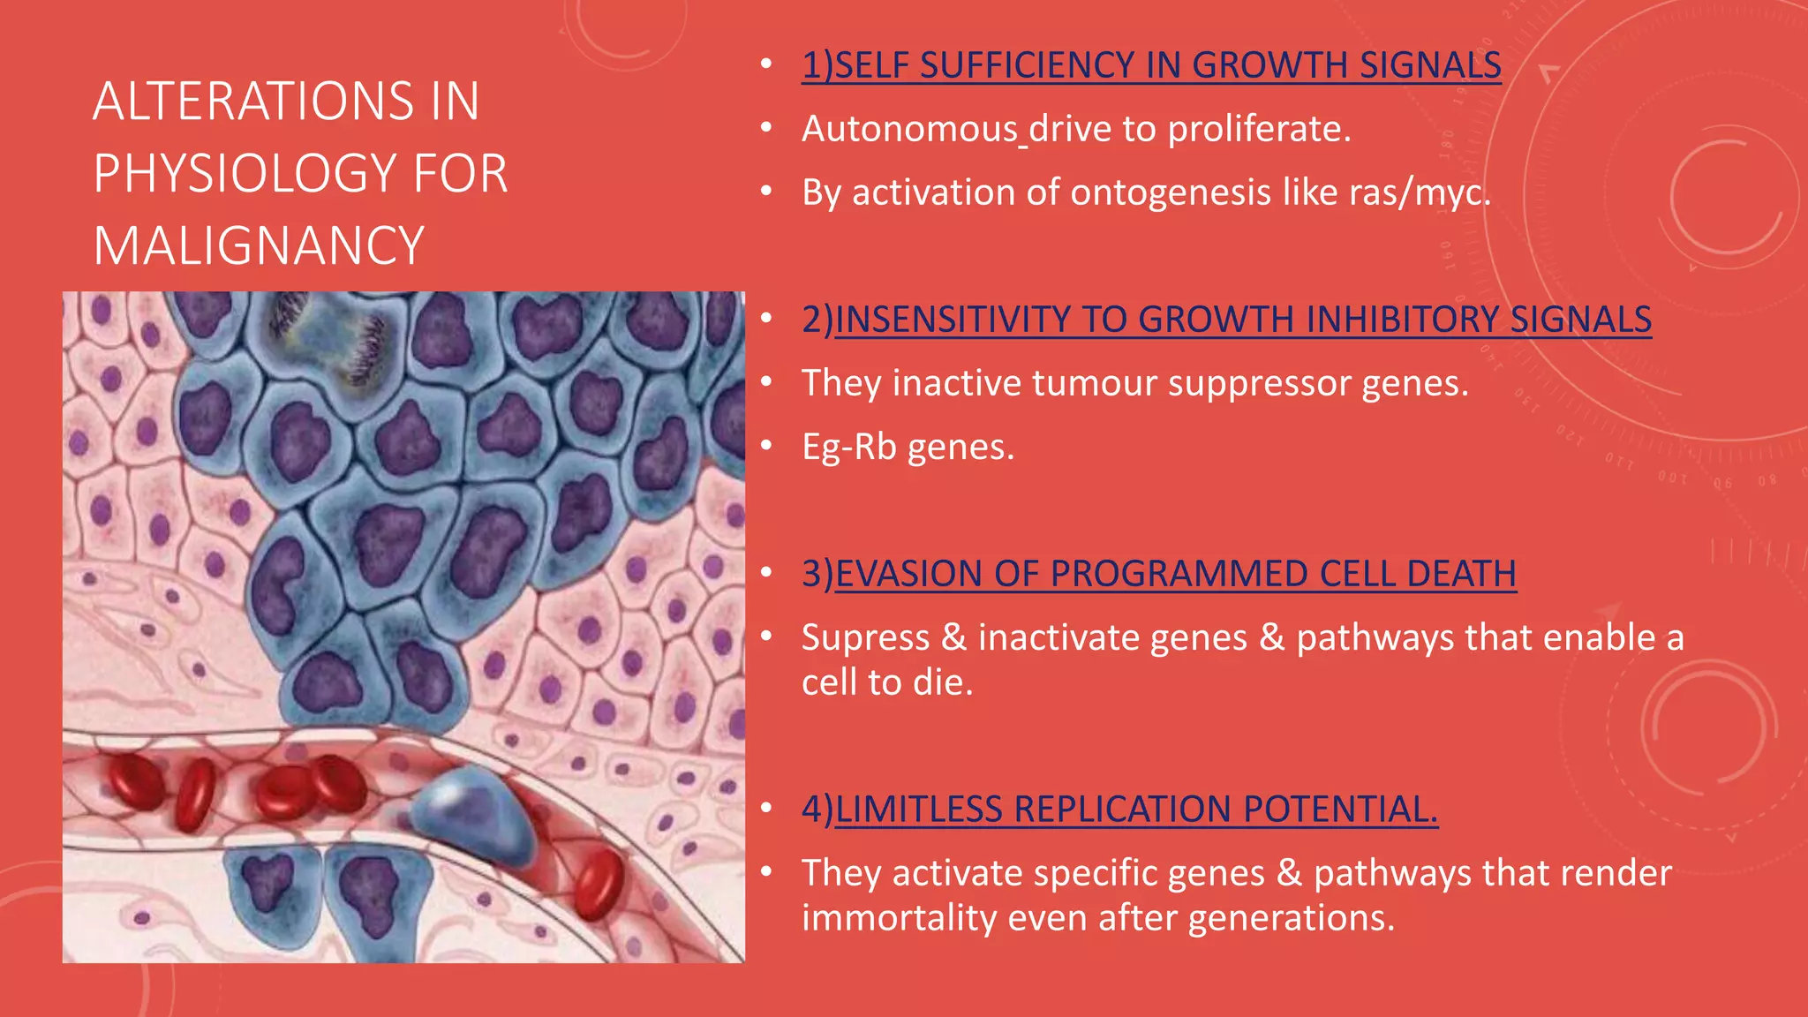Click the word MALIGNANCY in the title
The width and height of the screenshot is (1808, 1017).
point(259,245)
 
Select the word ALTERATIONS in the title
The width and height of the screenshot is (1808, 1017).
point(252,101)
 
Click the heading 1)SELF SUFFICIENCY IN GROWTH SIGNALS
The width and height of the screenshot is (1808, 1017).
point(1150,65)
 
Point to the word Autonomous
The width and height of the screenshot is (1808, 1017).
point(909,129)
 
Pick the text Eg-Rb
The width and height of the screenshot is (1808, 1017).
point(848,447)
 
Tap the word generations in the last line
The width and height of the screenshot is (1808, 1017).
point(1290,918)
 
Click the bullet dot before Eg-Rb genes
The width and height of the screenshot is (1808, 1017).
point(766,446)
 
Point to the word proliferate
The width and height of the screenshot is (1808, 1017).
point(1259,129)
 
